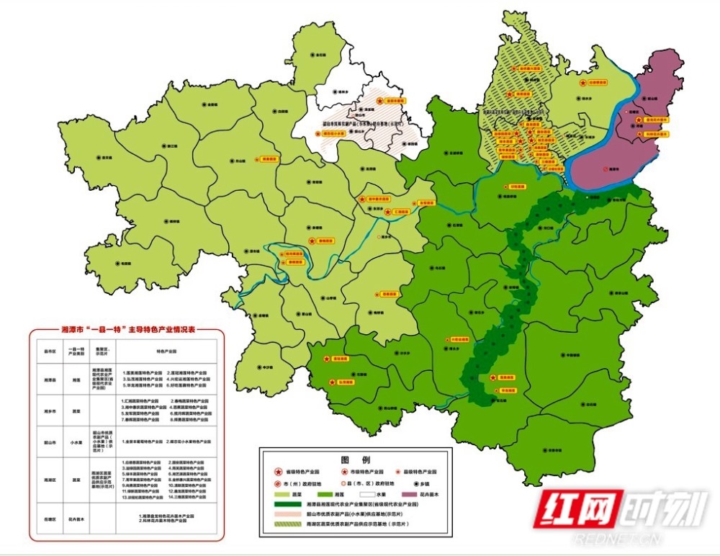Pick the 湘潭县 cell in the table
pyautogui.click(x=50, y=379)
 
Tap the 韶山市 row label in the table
pyautogui.click(x=50, y=441)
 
